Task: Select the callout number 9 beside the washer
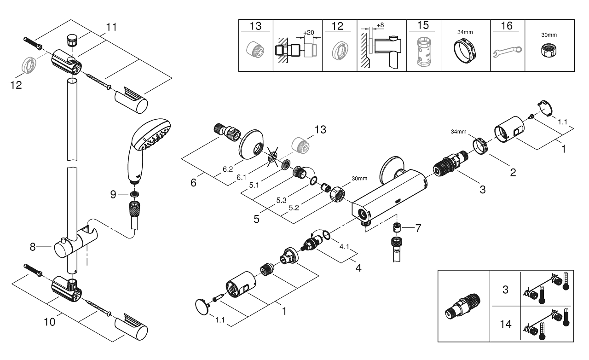tap(113, 194)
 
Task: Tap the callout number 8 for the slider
tap(32, 247)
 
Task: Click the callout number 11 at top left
tap(111, 27)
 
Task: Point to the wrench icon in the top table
tap(507, 52)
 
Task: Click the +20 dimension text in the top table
tap(308, 32)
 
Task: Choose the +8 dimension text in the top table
tap(380, 25)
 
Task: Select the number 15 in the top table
tap(423, 25)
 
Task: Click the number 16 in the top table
tap(507, 26)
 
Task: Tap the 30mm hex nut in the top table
tap(549, 50)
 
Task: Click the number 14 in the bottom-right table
tap(505, 324)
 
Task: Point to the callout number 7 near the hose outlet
tap(418, 228)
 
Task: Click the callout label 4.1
tap(344, 247)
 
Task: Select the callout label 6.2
tap(228, 169)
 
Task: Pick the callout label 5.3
tap(281, 201)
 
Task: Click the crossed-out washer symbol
tap(273, 157)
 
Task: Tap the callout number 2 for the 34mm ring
tap(513, 173)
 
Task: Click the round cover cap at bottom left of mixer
tap(202, 307)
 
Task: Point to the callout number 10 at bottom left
tap(49, 322)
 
